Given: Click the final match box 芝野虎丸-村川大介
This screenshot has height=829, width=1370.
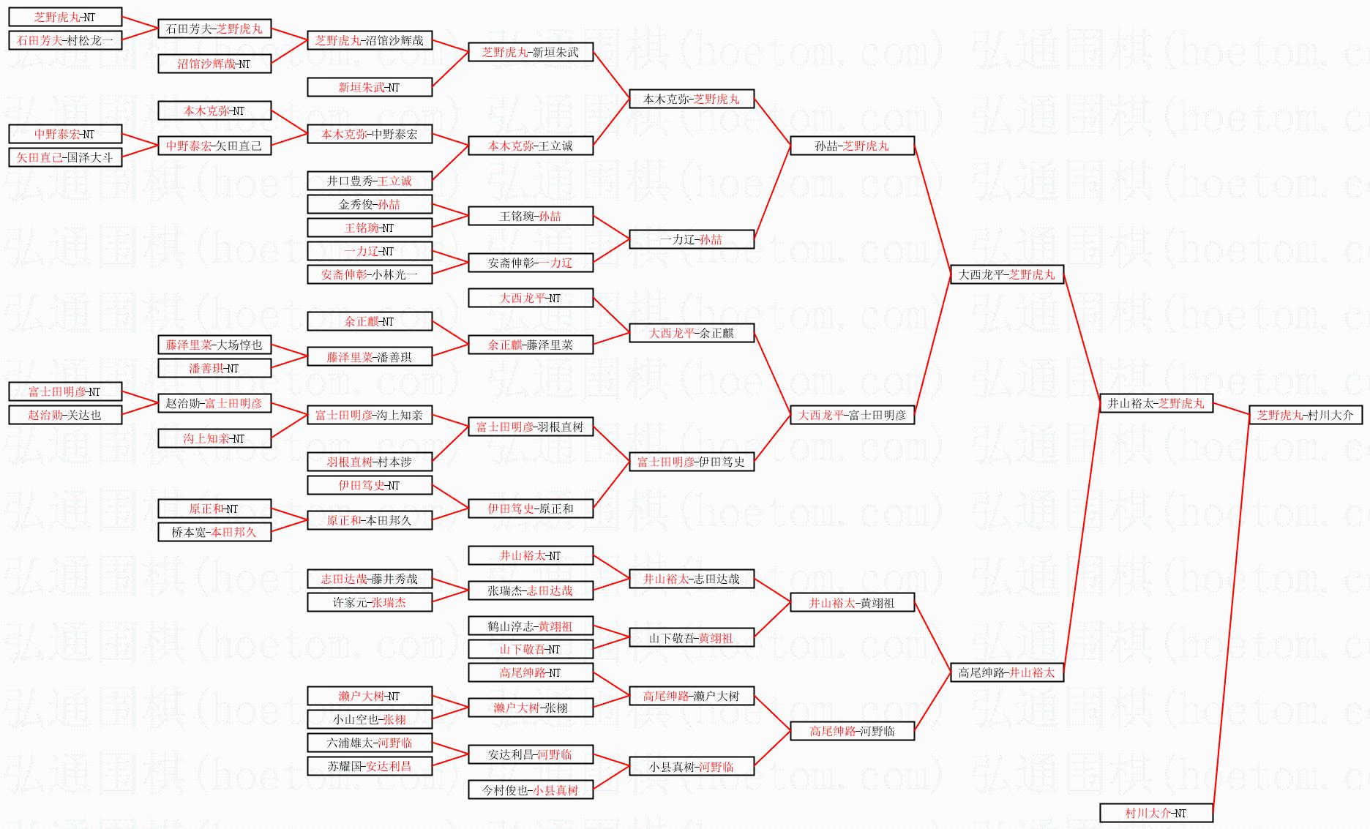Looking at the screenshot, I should [x=1305, y=415].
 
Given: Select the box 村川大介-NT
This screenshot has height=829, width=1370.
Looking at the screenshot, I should [x=1156, y=813].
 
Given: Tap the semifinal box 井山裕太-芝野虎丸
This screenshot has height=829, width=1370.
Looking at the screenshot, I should [x=1156, y=403].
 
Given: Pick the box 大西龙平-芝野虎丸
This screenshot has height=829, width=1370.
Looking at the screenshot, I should [x=1006, y=274].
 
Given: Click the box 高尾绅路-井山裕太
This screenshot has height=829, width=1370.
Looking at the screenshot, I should [x=1006, y=672].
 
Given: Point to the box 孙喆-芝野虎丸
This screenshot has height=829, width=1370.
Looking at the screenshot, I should [x=852, y=146].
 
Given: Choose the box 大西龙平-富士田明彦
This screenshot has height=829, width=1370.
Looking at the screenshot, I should [x=852, y=415].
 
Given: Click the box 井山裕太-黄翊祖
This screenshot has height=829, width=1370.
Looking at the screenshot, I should [x=852, y=603].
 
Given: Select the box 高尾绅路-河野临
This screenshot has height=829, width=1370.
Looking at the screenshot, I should [x=852, y=731].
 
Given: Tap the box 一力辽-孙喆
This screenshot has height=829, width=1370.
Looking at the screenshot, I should [x=691, y=239].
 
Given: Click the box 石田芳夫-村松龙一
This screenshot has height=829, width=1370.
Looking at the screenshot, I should [x=65, y=40].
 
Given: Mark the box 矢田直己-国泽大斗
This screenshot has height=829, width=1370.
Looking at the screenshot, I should [x=65, y=157].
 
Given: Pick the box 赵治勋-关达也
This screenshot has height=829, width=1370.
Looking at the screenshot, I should [x=65, y=415].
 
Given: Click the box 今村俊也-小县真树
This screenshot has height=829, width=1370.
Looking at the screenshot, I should [x=530, y=790].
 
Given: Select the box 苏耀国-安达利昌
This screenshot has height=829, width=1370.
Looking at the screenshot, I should [x=369, y=766].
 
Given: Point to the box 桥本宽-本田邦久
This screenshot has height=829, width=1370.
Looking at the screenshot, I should [x=214, y=532].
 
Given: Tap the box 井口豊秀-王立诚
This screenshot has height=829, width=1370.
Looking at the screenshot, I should [x=369, y=181].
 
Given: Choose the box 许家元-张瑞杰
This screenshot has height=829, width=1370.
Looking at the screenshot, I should [x=369, y=602].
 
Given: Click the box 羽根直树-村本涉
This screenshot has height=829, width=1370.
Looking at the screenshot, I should [x=369, y=462].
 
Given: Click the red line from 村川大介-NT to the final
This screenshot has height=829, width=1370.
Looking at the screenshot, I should [x=1231, y=615].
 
